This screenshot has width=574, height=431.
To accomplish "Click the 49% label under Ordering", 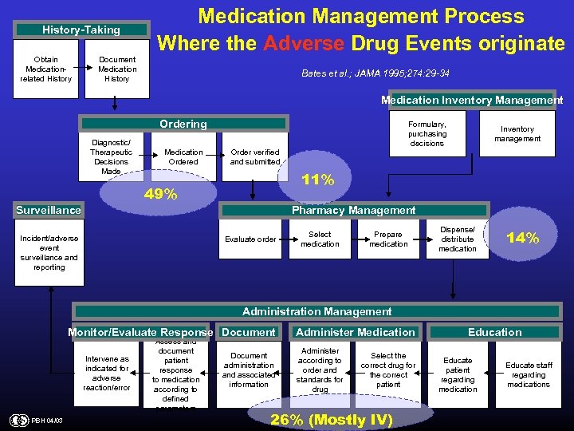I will pos(159,194).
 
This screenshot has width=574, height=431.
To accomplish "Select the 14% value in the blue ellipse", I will pos(523,238).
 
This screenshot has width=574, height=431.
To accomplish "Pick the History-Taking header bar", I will pos(81,30).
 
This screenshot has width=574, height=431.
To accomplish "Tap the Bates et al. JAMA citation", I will pos(375,73).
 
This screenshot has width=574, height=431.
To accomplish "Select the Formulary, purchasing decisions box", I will pos(427,134).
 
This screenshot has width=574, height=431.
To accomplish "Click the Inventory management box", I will pos(517,134).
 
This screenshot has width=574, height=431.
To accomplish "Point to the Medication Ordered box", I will pos(183,156).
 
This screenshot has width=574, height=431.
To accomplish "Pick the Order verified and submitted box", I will pos(255,156).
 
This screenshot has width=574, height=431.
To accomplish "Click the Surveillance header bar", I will pos(49,211).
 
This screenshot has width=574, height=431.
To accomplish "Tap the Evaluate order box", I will pos(250,239).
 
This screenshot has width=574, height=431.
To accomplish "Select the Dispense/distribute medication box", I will pos(458,239).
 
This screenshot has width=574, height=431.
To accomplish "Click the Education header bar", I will pos(494,332).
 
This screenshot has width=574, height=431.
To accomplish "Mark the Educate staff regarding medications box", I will pos(529,375).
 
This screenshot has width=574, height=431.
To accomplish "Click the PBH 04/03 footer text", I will pos(47,420).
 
